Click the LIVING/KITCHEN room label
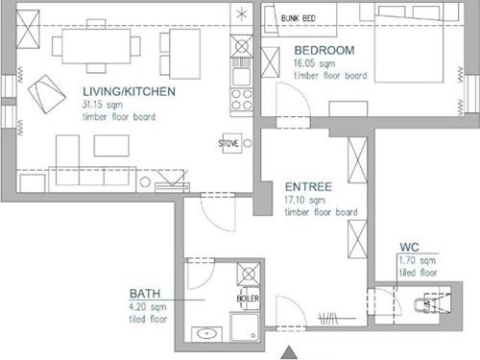tap(129, 91)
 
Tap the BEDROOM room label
tap(324, 50)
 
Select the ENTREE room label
tap(308, 186)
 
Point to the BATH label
tap(145, 294)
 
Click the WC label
tap(409, 247)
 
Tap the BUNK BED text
tap(298, 18)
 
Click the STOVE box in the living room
tap(232, 143)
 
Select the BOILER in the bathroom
tap(249, 299)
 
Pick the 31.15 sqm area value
tap(103, 105)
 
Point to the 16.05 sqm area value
tap(315, 63)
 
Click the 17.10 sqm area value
tap(304, 200)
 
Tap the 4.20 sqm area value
tap(148, 307)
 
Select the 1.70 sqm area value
tap(417, 260)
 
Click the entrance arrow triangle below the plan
tap(289, 352)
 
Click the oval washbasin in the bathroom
tap(206, 334)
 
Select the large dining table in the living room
tap(96, 46)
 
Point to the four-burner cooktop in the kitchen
tap(242, 100)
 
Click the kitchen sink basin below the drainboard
tap(241, 77)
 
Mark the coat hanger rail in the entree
tap(337, 319)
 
